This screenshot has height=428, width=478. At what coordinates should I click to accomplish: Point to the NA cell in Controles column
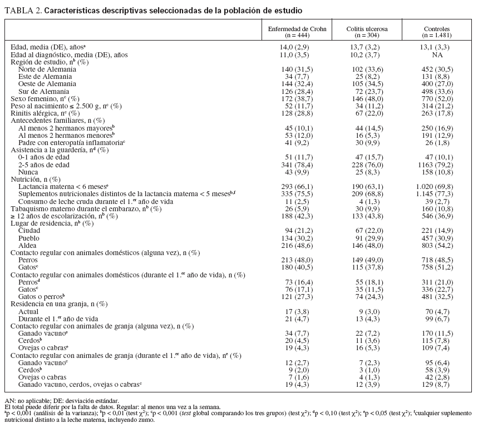pyautogui.click(x=437, y=55)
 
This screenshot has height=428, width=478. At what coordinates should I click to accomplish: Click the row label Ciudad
pyautogui.click(x=29, y=230)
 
